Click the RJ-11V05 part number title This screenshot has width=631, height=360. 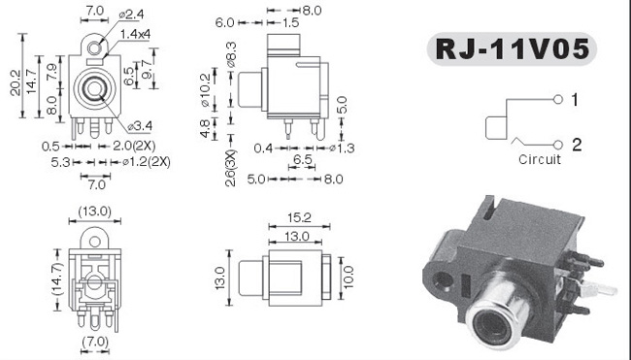pyautogui.click(x=512, y=49)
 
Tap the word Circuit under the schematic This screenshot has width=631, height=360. pyautogui.click(x=539, y=159)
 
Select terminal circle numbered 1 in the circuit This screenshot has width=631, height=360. pyautogui.click(x=558, y=99)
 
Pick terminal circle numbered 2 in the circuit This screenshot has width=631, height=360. pyautogui.click(x=558, y=145)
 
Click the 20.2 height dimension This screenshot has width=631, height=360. pyautogui.click(x=16, y=83)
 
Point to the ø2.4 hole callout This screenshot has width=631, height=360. pyautogui.click(x=132, y=15)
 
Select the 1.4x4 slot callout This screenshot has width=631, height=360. pyautogui.click(x=135, y=34)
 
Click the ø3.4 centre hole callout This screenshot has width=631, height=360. pyautogui.click(x=140, y=126)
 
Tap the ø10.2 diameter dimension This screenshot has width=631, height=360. pyautogui.click(x=205, y=90)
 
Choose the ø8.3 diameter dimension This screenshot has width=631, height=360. pyautogui.click(x=232, y=54)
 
